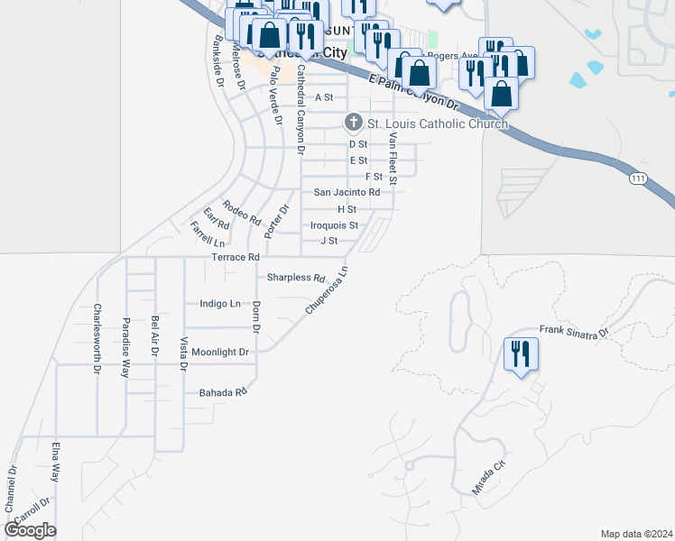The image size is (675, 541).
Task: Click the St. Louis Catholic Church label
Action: point(437,124)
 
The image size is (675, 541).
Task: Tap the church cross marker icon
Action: point(354,123)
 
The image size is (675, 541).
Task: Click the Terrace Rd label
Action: point(236,257)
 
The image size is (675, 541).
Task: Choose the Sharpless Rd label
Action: point(295,278)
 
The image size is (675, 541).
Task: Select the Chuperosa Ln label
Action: point(326,289)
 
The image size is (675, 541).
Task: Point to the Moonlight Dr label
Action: point(219,352)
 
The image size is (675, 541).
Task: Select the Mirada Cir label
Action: point(486,476)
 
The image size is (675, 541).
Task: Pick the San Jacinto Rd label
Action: point(347,192)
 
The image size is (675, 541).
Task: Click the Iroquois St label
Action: point(334,225)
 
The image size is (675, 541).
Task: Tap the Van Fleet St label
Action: point(393,154)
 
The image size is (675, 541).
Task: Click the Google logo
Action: point(30,530)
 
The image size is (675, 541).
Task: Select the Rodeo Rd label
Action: point(242,212)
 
